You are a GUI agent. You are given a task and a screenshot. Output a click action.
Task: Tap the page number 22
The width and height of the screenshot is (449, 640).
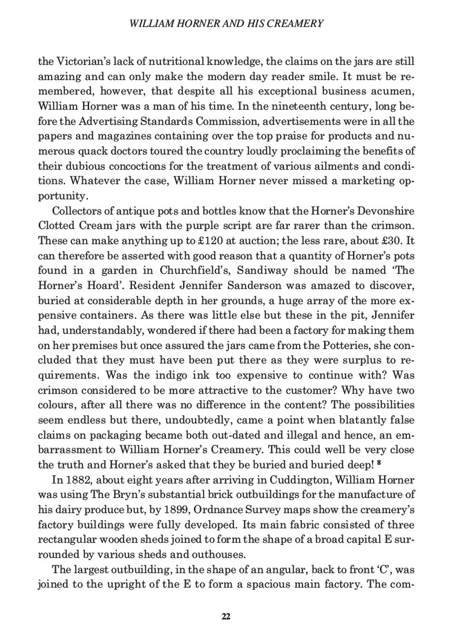(225, 616)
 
